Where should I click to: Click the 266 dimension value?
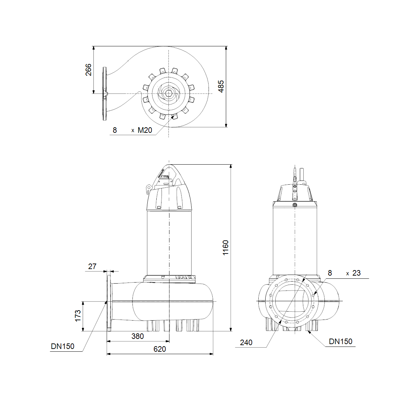pos(89,70)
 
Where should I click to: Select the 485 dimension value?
pos(221,86)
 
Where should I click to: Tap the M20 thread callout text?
pos(145,130)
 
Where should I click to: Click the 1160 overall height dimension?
pos(225,248)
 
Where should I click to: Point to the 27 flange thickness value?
pos(92,266)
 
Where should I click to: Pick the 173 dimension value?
pos(78,316)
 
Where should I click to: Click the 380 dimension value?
pos(138,336)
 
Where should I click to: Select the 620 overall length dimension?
pos(159,349)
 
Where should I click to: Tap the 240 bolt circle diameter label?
pos(246,342)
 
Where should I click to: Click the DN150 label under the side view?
pos(63,346)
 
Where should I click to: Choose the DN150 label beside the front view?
pos(341,341)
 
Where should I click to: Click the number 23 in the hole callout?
pos(357,273)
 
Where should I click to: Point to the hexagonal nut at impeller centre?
pos(168,93)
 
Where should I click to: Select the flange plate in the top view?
pos(105,94)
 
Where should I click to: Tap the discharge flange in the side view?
pos(109,303)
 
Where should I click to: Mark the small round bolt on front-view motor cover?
pos(295,205)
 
